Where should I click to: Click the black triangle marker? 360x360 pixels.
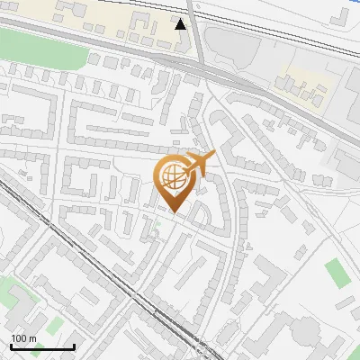[x=181, y=24]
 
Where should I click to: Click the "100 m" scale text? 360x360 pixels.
[x=24, y=338]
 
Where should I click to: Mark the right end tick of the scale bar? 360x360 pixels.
[x=74, y=346]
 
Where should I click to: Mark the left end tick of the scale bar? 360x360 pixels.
[x=11, y=346]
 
